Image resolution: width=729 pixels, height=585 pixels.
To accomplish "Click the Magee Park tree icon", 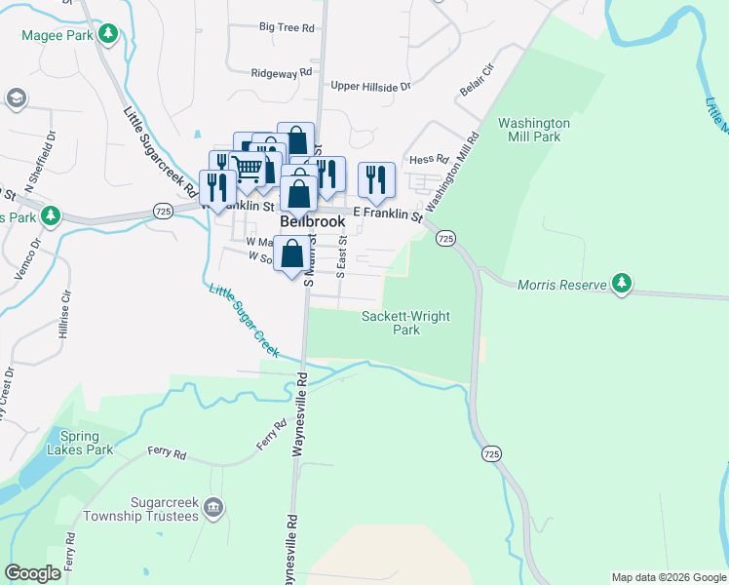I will pyautogui.click(x=110, y=35).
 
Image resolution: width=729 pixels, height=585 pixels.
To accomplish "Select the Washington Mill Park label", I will pyautogui.click(x=533, y=130).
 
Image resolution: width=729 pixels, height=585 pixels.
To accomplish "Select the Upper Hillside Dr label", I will pyautogui.click(x=370, y=87).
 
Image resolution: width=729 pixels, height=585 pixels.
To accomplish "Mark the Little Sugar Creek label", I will pyautogui.click(x=244, y=319).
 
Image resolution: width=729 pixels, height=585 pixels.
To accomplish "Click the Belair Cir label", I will pyautogui.click(x=478, y=84).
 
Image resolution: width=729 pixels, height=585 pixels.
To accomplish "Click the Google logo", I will pyautogui.click(x=33, y=573).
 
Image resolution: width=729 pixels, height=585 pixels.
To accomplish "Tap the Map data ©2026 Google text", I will pyautogui.click(x=668, y=577).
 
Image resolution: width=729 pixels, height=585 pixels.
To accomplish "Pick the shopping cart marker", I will pyautogui.click(x=249, y=170).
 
